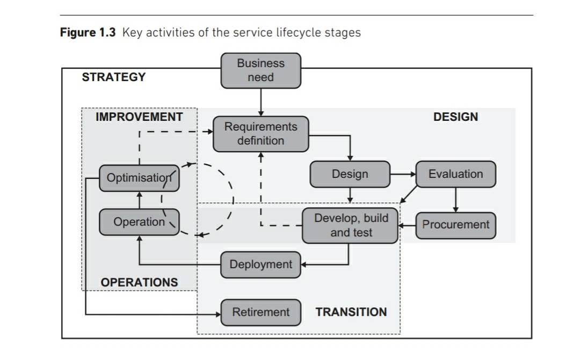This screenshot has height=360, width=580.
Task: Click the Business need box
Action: pyautogui.click(x=261, y=70)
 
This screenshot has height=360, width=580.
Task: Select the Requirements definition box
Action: pyautogui.click(x=261, y=134)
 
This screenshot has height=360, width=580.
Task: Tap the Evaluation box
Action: pyautogui.click(x=455, y=174)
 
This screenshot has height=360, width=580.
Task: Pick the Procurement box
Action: pyautogui.click(x=455, y=225)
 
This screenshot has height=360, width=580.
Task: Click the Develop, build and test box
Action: pyautogui.click(x=351, y=226)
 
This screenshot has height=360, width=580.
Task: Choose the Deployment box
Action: pyautogui.click(x=260, y=264)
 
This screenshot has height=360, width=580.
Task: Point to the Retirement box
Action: pyautogui.click(x=260, y=312)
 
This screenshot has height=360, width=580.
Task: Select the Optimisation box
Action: pyautogui.click(x=139, y=178)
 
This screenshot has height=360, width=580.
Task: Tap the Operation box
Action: pyautogui.click(x=139, y=222)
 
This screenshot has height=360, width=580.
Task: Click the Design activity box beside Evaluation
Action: pyautogui.click(x=350, y=174)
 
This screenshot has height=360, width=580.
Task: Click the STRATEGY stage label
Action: pyautogui.click(x=113, y=77)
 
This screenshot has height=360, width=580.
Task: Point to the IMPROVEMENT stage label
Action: pyautogui.click(x=139, y=117)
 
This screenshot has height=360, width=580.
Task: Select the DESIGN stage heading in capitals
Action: pyautogui.click(x=455, y=117)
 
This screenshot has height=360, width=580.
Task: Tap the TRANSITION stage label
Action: pyautogui.click(x=351, y=312)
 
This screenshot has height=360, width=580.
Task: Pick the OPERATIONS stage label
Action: pyautogui.click(x=139, y=282)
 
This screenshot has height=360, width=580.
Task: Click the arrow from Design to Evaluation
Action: pyautogui.click(x=403, y=174)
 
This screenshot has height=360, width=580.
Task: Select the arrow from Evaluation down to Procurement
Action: pyautogui.click(x=455, y=199)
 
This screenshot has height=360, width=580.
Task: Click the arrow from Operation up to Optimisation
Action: pyautogui.click(x=139, y=200)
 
